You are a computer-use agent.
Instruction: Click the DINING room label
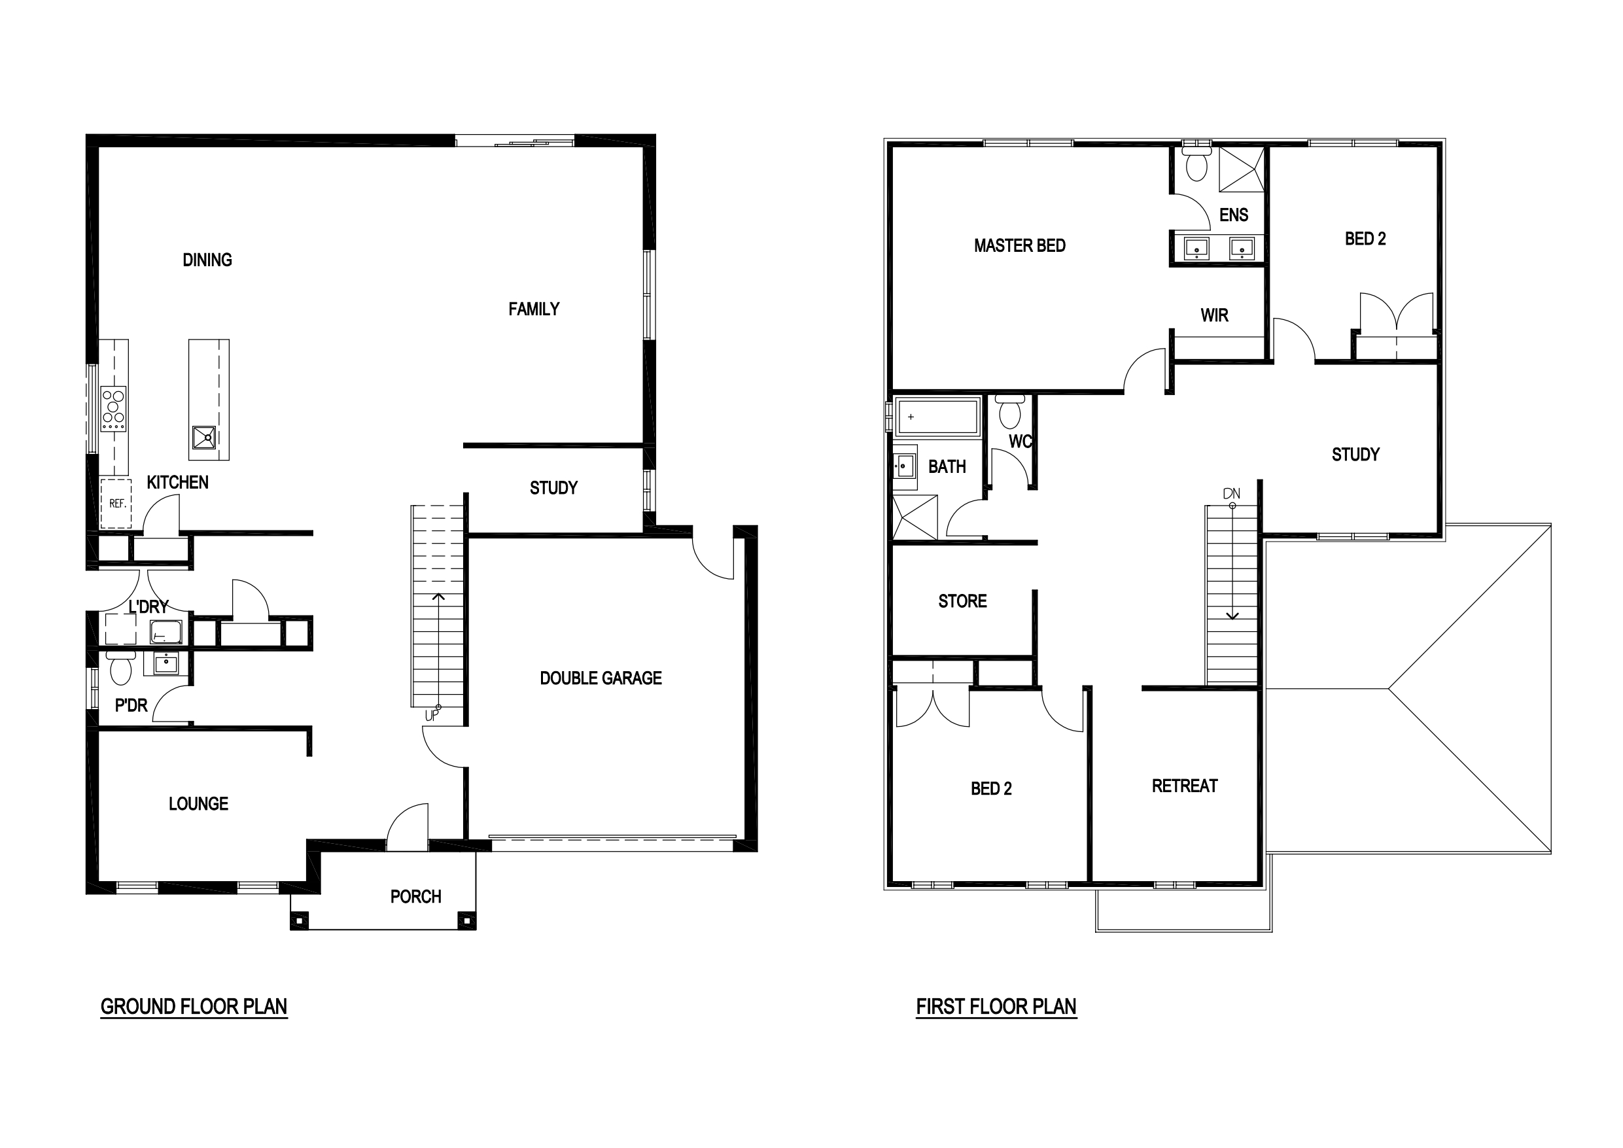[207, 260]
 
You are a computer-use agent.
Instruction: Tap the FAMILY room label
[534, 309]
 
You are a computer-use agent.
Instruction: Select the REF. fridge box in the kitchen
[116, 503]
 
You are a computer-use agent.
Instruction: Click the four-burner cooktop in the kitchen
[113, 409]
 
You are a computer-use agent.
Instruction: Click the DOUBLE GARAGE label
[601, 678]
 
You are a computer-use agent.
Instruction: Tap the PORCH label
[415, 897]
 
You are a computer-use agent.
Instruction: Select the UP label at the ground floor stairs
[431, 716]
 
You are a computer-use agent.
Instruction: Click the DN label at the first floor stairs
[1231, 493]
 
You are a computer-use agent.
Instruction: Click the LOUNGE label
[199, 804]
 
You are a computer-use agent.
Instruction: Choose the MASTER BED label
[1019, 246]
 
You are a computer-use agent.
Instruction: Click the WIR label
[1214, 315]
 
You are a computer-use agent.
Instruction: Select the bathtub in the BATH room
[937, 417]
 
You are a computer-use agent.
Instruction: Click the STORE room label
[962, 602]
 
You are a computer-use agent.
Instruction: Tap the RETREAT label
[1185, 786]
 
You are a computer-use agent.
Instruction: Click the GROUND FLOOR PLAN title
[194, 1007]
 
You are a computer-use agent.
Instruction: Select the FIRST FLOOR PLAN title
[996, 1007]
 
